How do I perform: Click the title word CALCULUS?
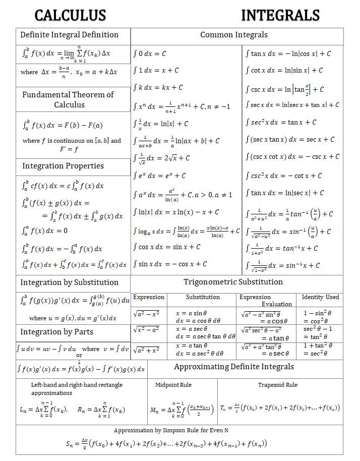point(70,15)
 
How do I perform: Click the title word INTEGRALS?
point(280,15)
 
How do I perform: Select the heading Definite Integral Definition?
point(69,35)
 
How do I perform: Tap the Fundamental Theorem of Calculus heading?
point(68,99)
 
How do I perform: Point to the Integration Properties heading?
point(63,166)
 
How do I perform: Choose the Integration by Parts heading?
point(57,332)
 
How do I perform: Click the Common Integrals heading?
point(234,35)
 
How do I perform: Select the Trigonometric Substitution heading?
point(233,282)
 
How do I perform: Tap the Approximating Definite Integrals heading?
point(234,367)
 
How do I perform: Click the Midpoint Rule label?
point(173,385)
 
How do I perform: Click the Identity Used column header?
point(321,297)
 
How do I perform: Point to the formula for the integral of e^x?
point(160,176)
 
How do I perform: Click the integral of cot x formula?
point(284,71)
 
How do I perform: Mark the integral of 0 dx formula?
point(150,53)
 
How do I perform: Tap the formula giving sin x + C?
point(167,247)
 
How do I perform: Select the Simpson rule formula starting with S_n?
point(166,444)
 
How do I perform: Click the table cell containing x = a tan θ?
point(201,349)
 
